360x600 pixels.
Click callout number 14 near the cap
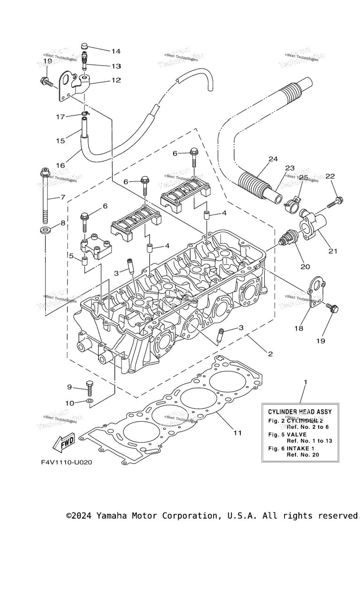pyautogui.click(x=116, y=51)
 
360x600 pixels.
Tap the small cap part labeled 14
pyautogui.click(x=85, y=46)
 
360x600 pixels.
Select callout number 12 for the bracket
pyautogui.click(x=116, y=80)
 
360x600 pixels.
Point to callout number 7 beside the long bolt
pyautogui.click(x=62, y=198)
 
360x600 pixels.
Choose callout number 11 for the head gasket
pyautogui.click(x=238, y=433)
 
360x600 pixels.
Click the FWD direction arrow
pyautogui.click(x=64, y=441)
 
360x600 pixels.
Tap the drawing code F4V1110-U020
pyautogui.click(x=66, y=462)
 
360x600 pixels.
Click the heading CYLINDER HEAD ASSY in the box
pyautogui.click(x=300, y=412)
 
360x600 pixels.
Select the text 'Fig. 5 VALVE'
pyautogui.click(x=287, y=435)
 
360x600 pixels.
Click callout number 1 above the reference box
pyautogui.click(x=305, y=382)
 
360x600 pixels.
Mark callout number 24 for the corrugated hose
pyautogui.click(x=273, y=159)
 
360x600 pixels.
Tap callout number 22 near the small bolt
pyautogui.click(x=330, y=176)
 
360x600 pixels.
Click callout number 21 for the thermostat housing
pyautogui.click(x=333, y=251)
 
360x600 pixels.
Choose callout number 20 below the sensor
pyautogui.click(x=305, y=267)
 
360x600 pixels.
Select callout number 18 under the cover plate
pyautogui.click(x=299, y=329)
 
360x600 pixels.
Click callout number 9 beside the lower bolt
pyautogui.click(x=69, y=387)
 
